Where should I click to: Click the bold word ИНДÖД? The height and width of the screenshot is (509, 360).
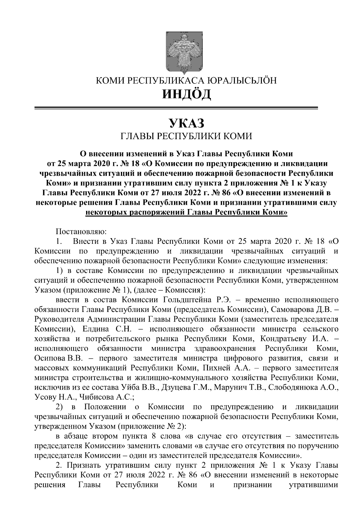pos(186,94)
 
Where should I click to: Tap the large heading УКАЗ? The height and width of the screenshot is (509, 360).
pos(186,123)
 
